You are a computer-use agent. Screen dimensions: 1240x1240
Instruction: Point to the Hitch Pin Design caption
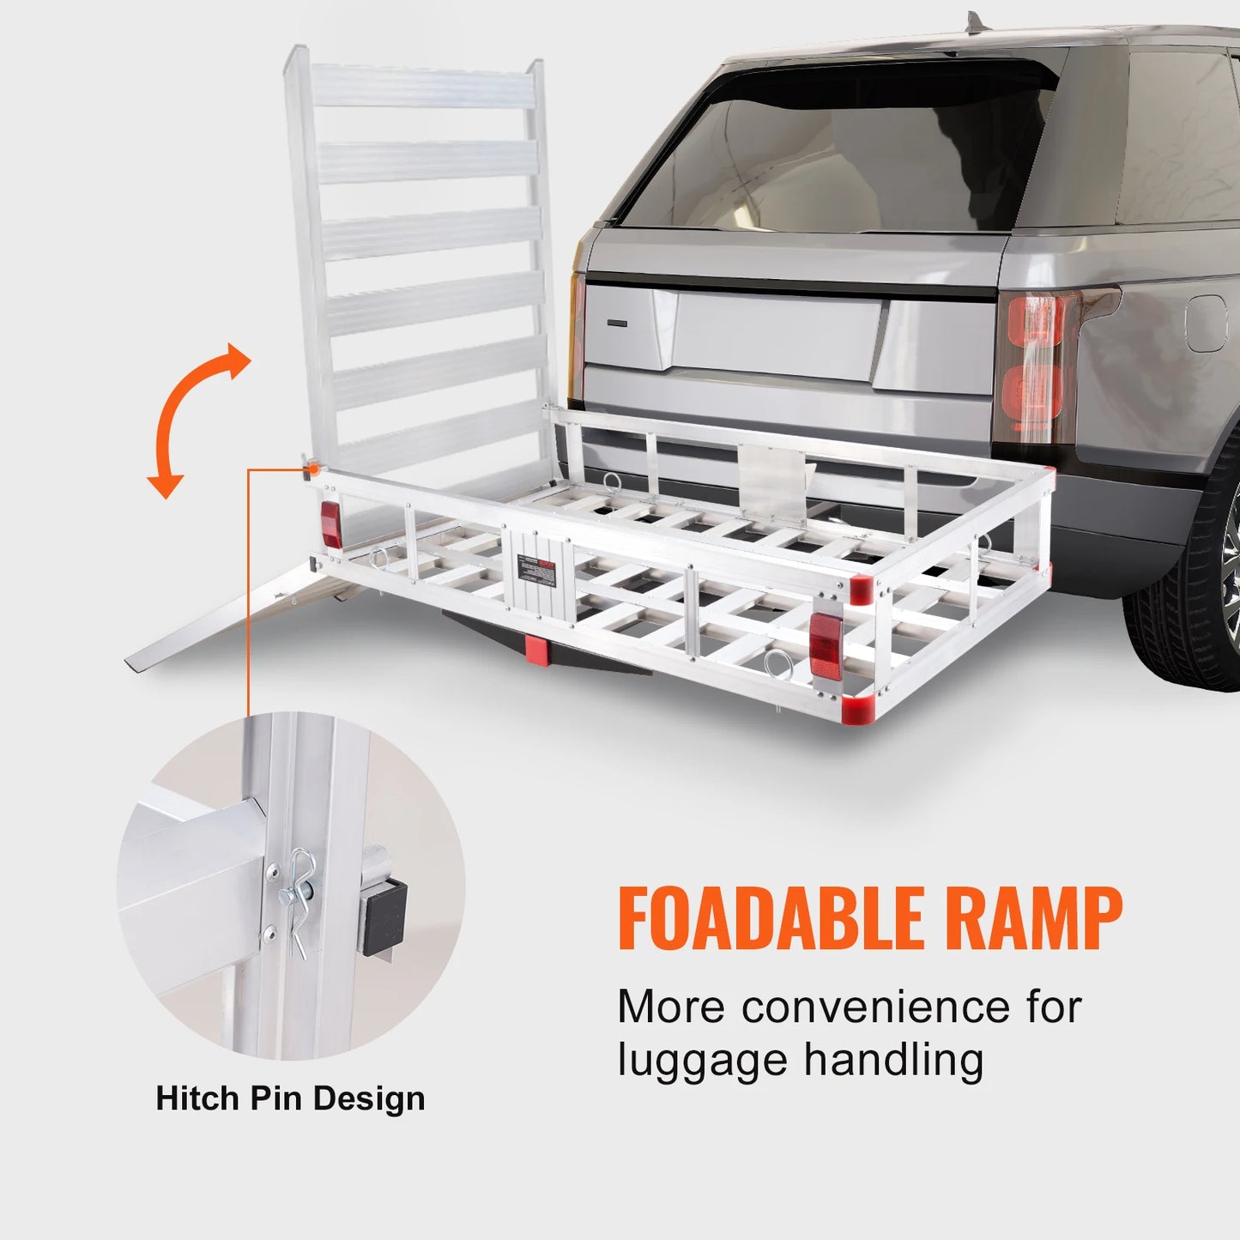click(290, 1098)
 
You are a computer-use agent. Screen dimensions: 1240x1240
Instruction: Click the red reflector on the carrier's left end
click(330, 524)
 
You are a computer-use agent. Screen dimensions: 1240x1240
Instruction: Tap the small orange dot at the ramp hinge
click(313, 469)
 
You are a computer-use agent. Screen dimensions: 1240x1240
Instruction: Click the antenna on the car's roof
click(972, 21)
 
